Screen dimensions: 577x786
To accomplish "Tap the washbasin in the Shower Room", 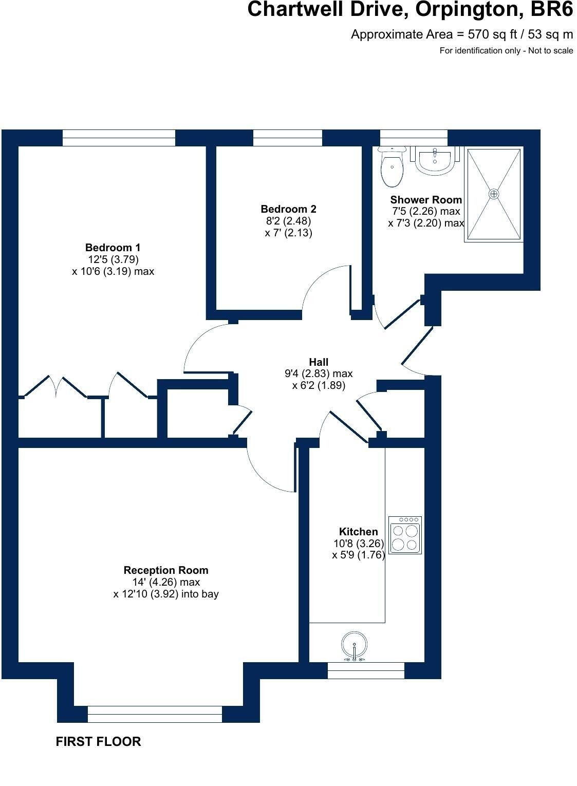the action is point(435,160).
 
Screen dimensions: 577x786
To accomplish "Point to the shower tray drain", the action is point(494,194).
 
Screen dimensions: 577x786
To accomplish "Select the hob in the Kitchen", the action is point(405,535).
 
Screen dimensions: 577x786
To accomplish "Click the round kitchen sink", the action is point(355,646).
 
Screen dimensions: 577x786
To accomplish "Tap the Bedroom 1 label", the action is point(113,248).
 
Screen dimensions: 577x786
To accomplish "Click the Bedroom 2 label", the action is point(289,209).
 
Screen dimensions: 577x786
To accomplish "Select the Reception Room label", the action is point(166,570).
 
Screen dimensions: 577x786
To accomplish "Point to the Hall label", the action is point(319,362).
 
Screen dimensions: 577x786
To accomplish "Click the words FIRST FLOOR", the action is point(98,741).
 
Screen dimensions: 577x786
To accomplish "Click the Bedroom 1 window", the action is point(119,138).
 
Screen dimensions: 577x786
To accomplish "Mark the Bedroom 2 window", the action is point(287,138).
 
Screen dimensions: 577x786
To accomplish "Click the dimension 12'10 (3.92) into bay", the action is point(166,594).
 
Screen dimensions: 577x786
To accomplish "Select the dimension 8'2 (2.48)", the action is point(289,221).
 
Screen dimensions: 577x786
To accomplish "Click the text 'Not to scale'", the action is point(551,50).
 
